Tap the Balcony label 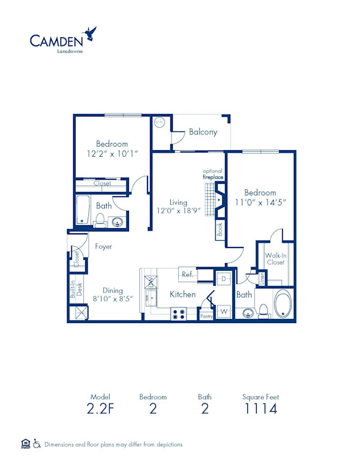click(203, 132)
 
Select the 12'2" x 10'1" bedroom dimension click(112, 154)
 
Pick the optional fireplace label click(212, 174)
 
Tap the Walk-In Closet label click(275, 258)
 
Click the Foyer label click(103, 246)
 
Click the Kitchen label click(182, 294)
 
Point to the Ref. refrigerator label click(186, 274)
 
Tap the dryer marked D click(223, 279)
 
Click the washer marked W click(223, 311)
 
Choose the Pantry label click(206, 316)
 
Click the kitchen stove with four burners click(179, 313)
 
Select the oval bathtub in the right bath click(283, 304)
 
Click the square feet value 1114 click(260, 410)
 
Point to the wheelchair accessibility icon click(37, 444)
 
